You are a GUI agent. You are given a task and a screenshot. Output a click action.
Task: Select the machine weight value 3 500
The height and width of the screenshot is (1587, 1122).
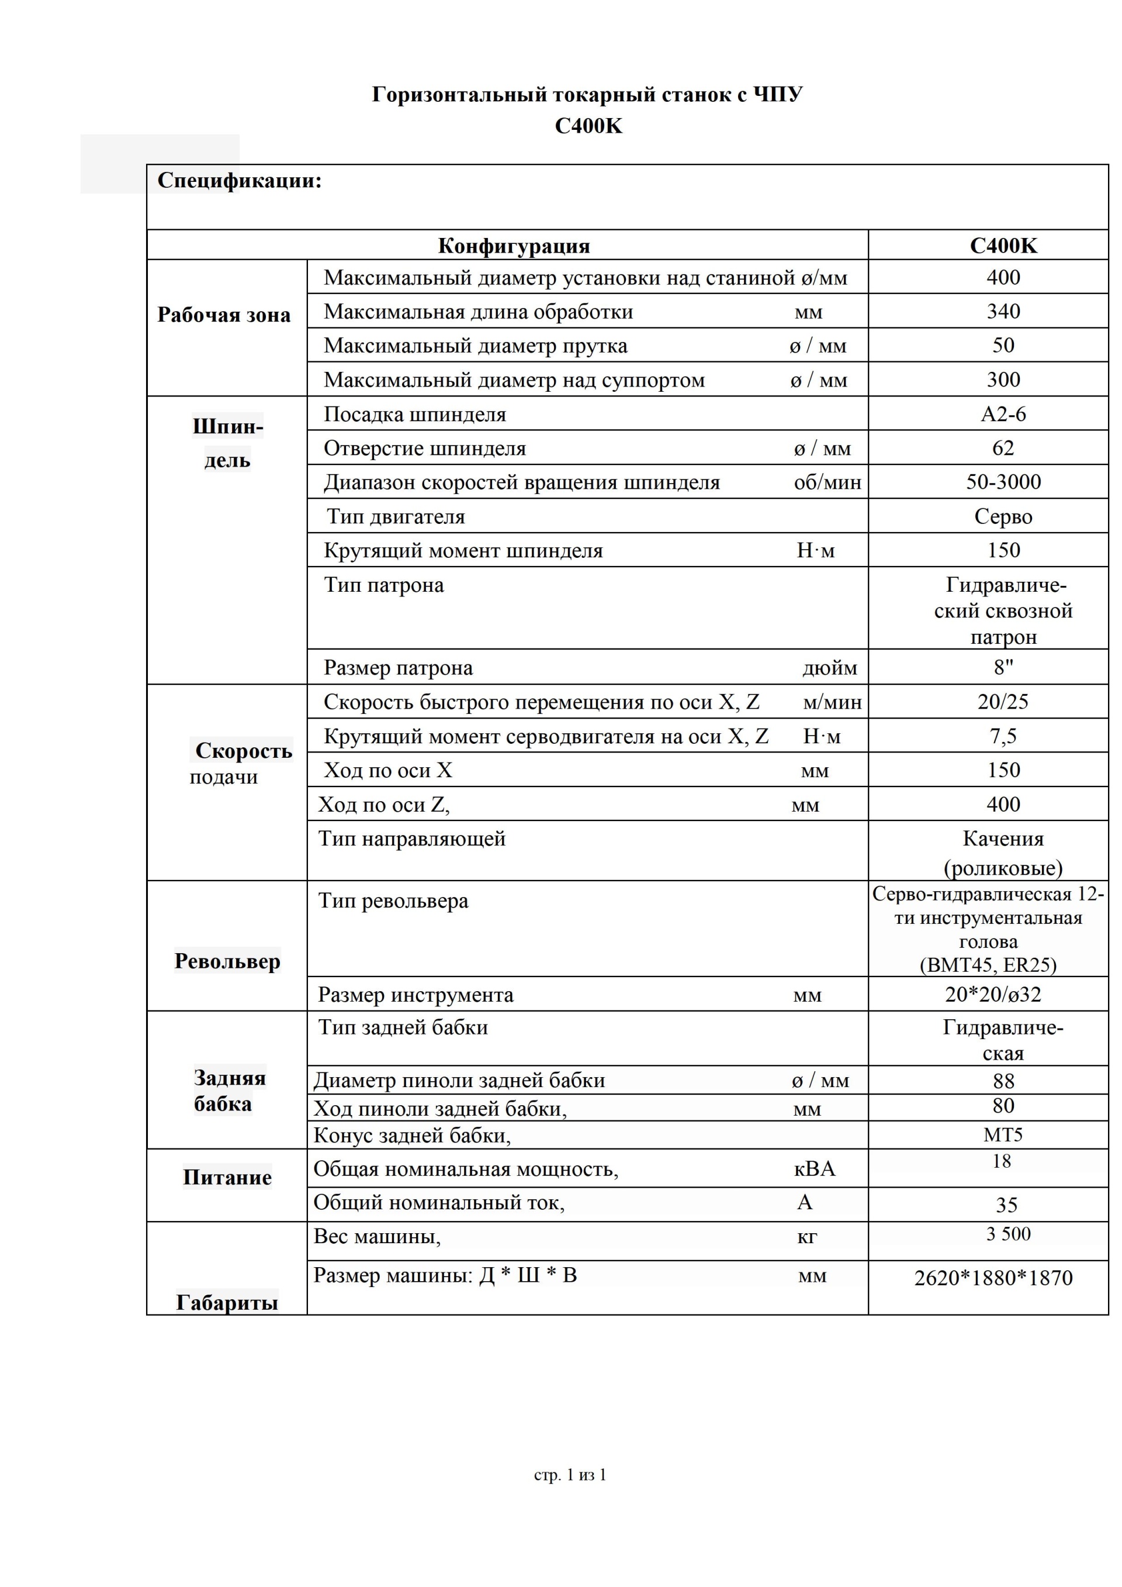point(1008,1234)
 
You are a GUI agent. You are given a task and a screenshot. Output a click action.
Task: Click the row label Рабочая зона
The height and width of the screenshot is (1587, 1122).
point(224,315)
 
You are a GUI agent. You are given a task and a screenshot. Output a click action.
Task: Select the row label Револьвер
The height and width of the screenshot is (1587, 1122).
point(227,961)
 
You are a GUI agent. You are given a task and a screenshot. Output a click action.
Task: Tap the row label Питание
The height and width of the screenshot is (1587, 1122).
point(227,1177)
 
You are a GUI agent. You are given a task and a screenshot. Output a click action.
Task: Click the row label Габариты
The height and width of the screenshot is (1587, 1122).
point(227,1303)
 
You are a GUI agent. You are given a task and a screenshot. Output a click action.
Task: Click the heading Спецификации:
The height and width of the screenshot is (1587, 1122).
point(239,181)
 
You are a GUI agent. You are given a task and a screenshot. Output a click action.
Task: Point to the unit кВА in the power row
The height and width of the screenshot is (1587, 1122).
point(815,1169)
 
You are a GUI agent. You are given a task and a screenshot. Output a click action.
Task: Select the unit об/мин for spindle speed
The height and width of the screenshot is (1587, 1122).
point(827,482)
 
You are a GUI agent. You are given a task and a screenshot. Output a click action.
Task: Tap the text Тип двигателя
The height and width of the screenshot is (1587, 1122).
point(396,516)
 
